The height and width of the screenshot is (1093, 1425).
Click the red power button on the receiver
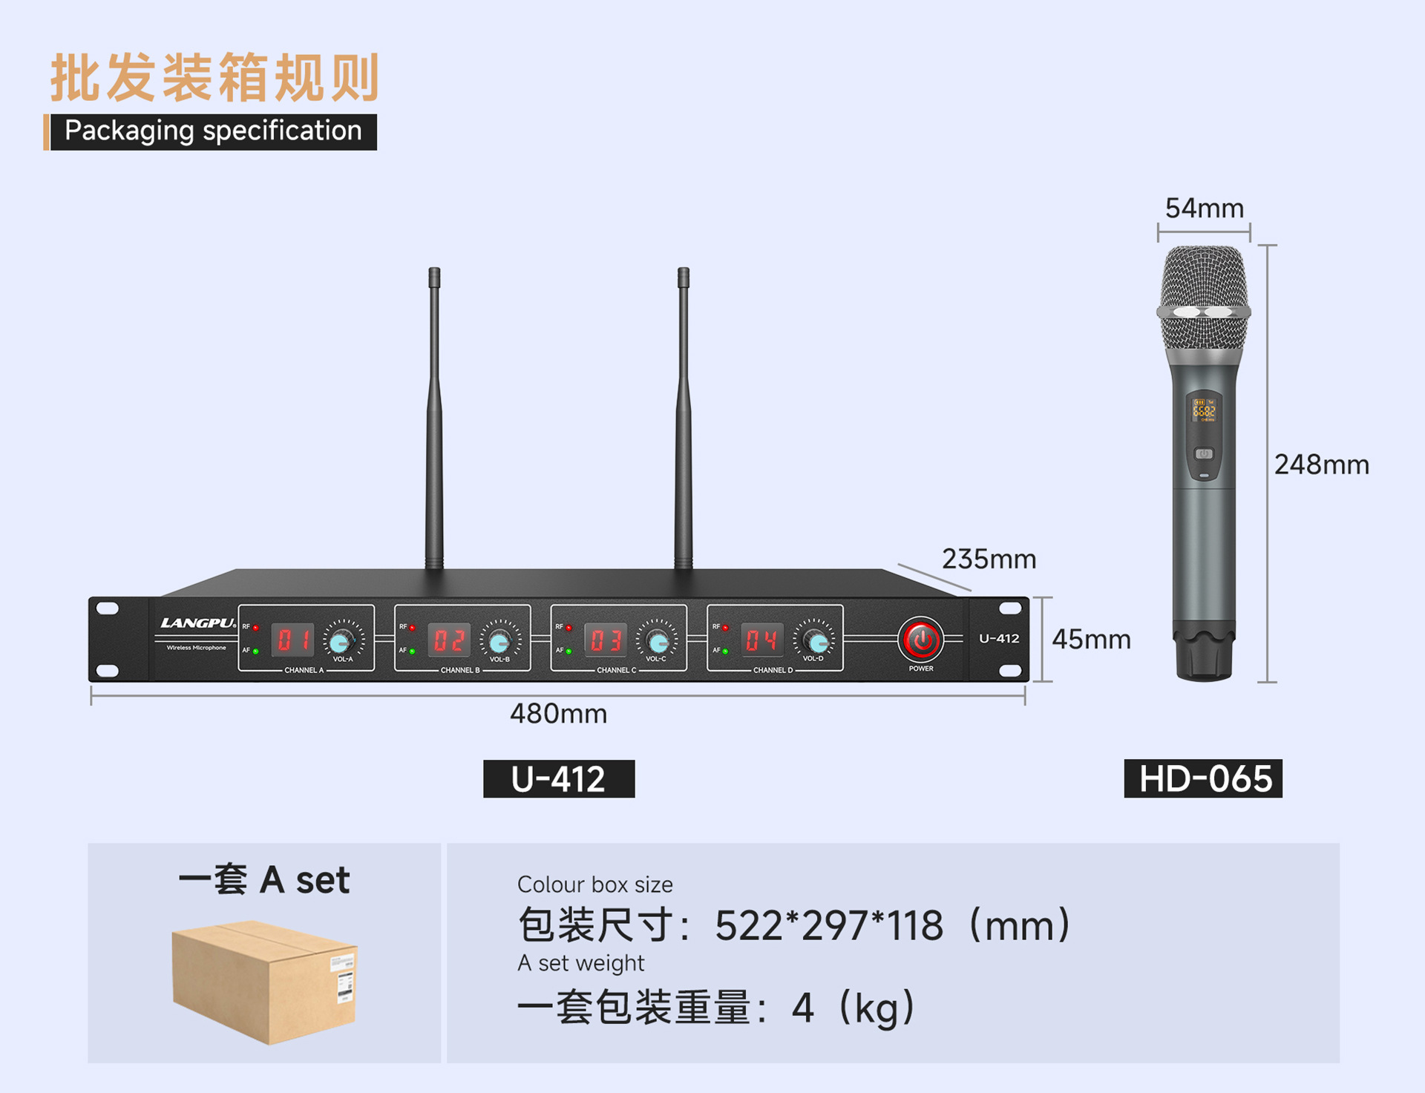(921, 640)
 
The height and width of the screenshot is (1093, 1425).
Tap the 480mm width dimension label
(558, 714)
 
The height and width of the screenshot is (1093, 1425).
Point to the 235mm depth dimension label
(989, 559)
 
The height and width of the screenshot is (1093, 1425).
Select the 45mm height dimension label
(1090, 640)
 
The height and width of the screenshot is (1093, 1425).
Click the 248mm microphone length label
(1321, 465)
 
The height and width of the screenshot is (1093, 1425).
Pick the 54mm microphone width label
(1204, 209)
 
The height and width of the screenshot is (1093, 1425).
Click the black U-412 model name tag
(559, 779)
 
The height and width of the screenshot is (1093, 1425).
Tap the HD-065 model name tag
(1203, 779)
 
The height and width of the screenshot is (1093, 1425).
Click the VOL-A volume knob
(341, 640)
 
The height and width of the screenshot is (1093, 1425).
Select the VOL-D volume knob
(816, 640)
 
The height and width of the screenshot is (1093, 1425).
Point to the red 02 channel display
(449, 640)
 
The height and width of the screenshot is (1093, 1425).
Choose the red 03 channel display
(606, 640)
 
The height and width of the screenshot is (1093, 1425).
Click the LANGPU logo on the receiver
(197, 623)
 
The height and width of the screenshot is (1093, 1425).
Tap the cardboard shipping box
(264, 980)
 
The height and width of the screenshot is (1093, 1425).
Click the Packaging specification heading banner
(213, 131)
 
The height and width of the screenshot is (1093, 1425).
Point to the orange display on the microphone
(1203, 410)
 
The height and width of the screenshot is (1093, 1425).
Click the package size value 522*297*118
(828, 926)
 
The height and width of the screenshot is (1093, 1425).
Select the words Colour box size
(594, 884)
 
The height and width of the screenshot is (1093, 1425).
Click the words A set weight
(580, 963)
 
